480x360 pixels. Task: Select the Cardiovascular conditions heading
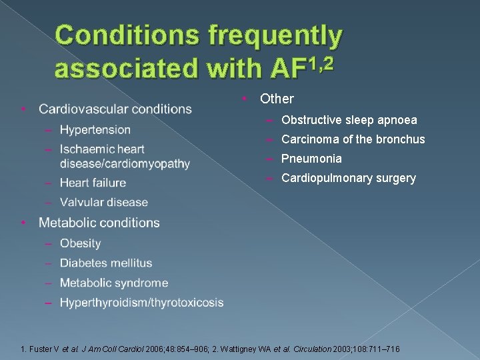point(115,109)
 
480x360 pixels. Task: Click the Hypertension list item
point(95,129)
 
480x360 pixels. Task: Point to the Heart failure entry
point(92,183)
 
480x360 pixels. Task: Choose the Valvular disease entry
point(103,202)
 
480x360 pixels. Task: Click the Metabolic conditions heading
point(99,223)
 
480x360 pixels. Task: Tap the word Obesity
point(80,243)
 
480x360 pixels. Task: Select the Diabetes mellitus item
point(105,263)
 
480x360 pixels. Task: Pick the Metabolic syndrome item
point(113,283)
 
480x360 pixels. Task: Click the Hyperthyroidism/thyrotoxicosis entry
point(141,303)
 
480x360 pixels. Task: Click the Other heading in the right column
point(277,99)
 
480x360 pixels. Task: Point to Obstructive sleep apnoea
point(349,120)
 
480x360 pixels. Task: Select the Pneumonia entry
point(311,159)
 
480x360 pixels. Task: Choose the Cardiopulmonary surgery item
point(348,178)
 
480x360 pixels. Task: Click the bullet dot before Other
point(245,99)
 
